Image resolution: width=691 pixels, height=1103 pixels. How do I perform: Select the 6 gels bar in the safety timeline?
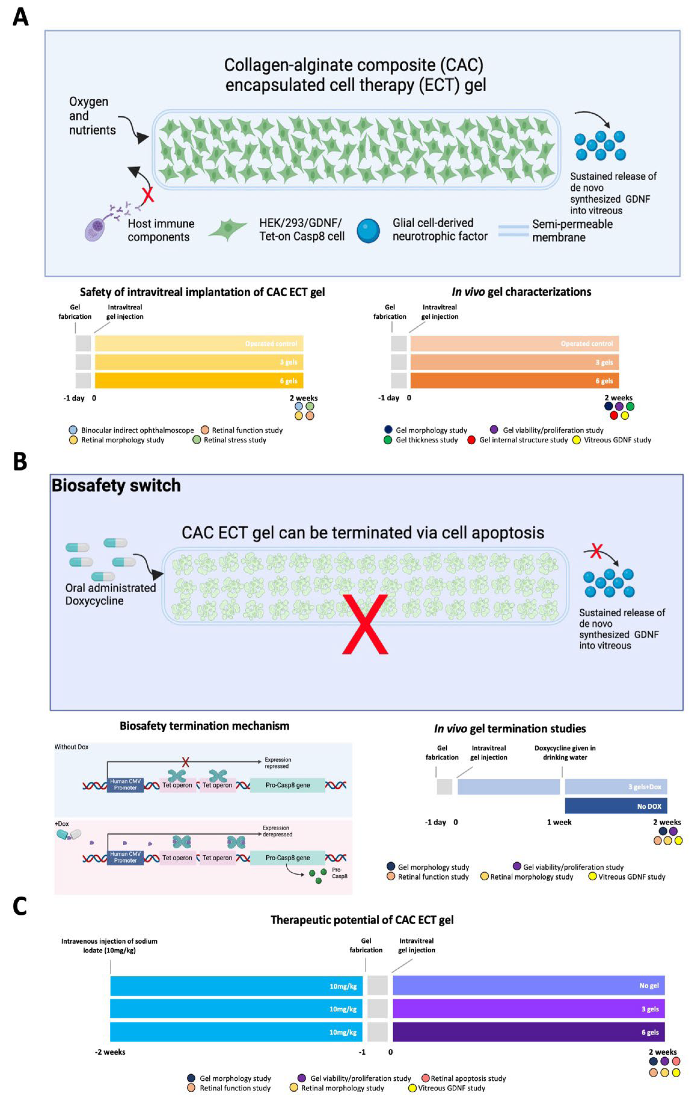click(x=199, y=381)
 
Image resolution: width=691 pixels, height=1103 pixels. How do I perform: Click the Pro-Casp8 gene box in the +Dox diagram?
click(x=287, y=858)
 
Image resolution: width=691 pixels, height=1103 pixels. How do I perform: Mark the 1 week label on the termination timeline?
click(x=559, y=822)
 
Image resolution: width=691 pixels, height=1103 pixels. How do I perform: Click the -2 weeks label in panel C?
click(x=110, y=1052)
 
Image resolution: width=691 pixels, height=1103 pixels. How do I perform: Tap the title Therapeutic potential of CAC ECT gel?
click(x=362, y=920)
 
